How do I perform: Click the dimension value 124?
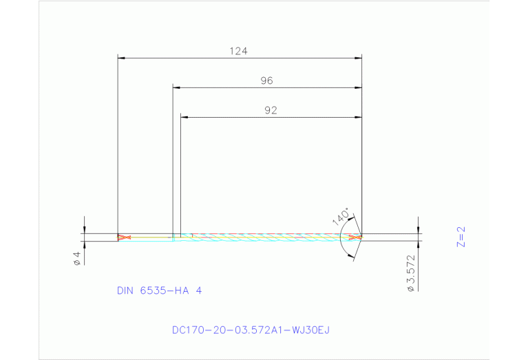pos(238,51)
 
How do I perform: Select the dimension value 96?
pos(267,81)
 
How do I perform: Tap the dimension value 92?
pos(271,110)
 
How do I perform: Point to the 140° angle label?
pos(340,216)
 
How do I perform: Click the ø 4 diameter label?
pos(77,258)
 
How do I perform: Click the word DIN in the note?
pos(125,291)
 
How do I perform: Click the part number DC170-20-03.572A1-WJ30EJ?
pos(251,330)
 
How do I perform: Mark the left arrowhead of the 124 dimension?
pos(122,59)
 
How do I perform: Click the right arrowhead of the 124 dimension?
pos(358,59)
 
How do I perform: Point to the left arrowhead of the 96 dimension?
pos(176,88)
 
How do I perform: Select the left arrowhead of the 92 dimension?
pos(184,117)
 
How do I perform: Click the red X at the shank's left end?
pos(123,237)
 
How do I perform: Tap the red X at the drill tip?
pos(355,237)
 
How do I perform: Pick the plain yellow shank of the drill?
pos(148,237)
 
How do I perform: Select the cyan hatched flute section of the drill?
pos(268,237)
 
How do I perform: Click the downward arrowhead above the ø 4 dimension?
pos(84,230)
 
